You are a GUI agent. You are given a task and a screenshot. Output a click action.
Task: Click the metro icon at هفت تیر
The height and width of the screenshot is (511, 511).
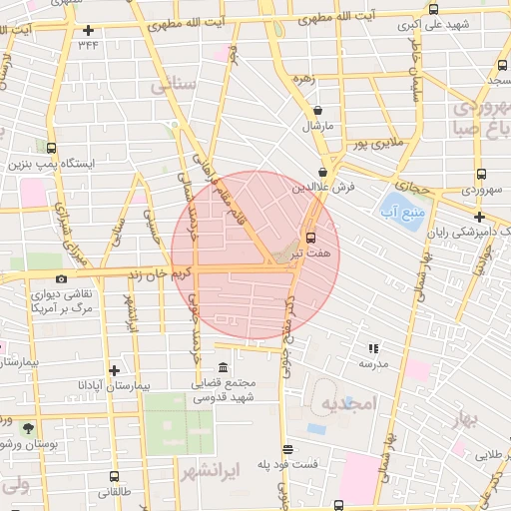pyautogui.click(x=310, y=238)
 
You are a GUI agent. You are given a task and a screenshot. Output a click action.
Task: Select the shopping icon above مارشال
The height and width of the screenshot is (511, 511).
pyautogui.click(x=317, y=111)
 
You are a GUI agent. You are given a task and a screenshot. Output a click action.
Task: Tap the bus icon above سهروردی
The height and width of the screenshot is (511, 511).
pyautogui.click(x=482, y=173)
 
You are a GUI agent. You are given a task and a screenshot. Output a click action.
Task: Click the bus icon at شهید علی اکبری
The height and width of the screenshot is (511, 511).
pyautogui.click(x=432, y=9)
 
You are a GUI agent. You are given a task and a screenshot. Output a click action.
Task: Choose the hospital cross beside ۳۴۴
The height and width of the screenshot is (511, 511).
pyautogui.click(x=90, y=30)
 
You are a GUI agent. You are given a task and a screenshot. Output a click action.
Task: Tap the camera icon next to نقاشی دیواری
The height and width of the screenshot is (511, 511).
pyautogui.click(x=62, y=279)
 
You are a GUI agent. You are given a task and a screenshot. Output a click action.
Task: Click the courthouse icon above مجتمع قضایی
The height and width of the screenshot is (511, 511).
pyautogui.click(x=222, y=367)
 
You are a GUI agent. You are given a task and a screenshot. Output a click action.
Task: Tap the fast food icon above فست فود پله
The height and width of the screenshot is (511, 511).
pyautogui.click(x=287, y=449)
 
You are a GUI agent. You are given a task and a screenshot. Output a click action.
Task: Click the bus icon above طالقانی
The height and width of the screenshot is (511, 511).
pyautogui.click(x=113, y=476)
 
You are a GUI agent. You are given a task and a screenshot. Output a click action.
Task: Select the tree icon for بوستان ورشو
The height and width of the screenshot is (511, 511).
pyautogui.click(x=27, y=427)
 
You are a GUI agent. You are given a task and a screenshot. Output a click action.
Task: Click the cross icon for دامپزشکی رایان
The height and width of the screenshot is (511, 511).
pyautogui.click(x=480, y=217)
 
